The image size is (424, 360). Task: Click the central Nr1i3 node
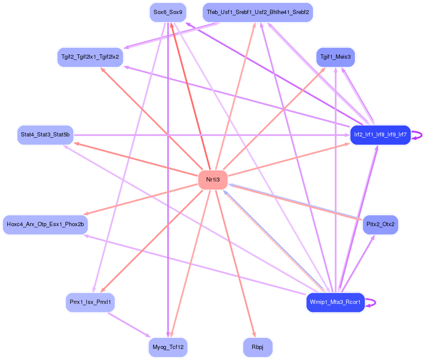coord(213,180)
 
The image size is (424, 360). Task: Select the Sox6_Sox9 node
coord(168,12)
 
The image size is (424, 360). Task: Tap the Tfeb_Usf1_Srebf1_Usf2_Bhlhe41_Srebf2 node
coord(258,12)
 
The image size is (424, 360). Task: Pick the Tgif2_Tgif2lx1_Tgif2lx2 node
coord(90,57)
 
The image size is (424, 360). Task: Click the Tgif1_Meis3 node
coord(335,57)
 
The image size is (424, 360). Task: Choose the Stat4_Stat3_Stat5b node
coord(45,135)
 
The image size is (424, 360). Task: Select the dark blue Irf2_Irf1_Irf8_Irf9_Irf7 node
coord(380,135)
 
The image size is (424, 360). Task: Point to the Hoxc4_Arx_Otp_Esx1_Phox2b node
coord(45,224)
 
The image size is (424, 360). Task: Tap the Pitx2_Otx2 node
coord(380,224)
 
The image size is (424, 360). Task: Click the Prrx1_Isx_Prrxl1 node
coord(90,303)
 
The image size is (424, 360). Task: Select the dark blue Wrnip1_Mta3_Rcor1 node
coord(335,303)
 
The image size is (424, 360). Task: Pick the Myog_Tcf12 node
coord(168,347)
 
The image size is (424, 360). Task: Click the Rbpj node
coord(257,347)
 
